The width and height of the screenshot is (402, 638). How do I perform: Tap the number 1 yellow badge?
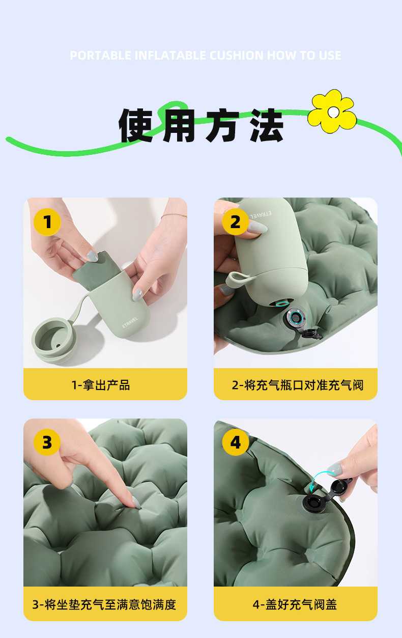pyautogui.click(x=47, y=221)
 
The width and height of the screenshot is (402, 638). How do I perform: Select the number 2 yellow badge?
pyautogui.click(x=236, y=221)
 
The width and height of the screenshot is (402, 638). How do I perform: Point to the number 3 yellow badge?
pyautogui.click(x=47, y=442)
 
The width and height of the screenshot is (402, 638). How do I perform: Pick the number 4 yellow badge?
pyautogui.click(x=236, y=442)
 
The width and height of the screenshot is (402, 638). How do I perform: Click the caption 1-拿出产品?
pyautogui.click(x=101, y=385)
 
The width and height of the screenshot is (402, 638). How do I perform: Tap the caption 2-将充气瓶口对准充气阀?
pyautogui.click(x=298, y=385)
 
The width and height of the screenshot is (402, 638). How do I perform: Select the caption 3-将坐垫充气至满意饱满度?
pyautogui.click(x=104, y=604)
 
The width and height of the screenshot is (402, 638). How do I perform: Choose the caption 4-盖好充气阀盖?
pyautogui.click(x=295, y=604)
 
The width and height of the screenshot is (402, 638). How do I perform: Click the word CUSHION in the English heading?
pyautogui.click(x=237, y=56)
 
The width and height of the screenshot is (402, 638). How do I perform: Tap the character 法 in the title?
pyautogui.click(x=266, y=125)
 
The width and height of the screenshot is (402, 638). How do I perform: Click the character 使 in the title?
pyautogui.click(x=136, y=125)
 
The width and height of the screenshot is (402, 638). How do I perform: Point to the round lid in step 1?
pyautogui.click(x=54, y=340)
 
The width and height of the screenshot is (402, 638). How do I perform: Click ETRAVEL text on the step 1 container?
pyautogui.click(x=130, y=322)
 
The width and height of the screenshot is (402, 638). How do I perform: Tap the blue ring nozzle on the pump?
pyautogui.click(x=281, y=303)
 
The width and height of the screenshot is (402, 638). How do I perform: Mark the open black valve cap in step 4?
pyautogui.click(x=340, y=488)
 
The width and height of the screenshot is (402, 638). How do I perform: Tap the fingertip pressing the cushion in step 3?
pyautogui.click(x=136, y=503)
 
